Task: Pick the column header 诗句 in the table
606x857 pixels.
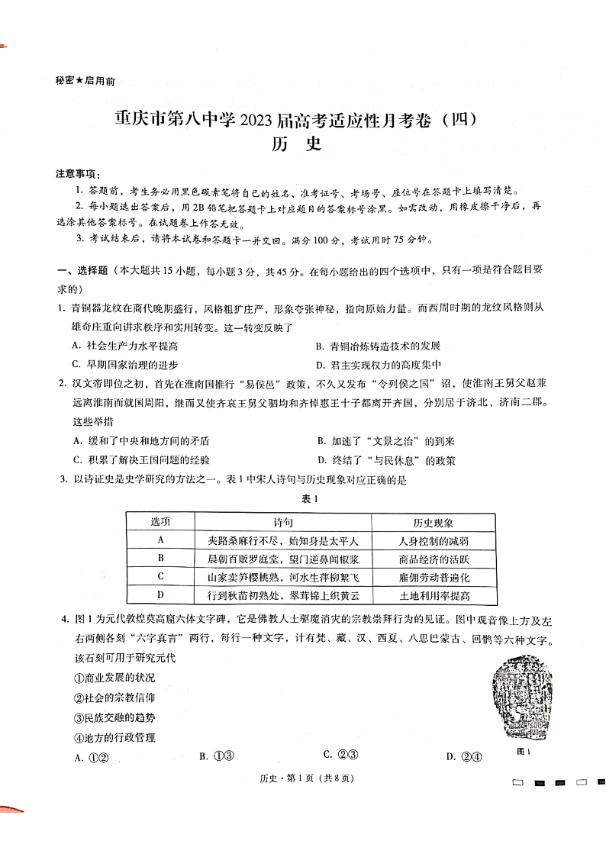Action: pos(282,523)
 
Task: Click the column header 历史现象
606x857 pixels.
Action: pos(434,523)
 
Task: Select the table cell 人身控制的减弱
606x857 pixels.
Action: pos(434,541)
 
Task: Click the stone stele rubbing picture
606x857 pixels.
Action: pos(524,701)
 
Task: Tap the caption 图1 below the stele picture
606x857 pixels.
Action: pos(524,751)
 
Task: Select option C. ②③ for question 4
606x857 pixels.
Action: pos(340,755)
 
